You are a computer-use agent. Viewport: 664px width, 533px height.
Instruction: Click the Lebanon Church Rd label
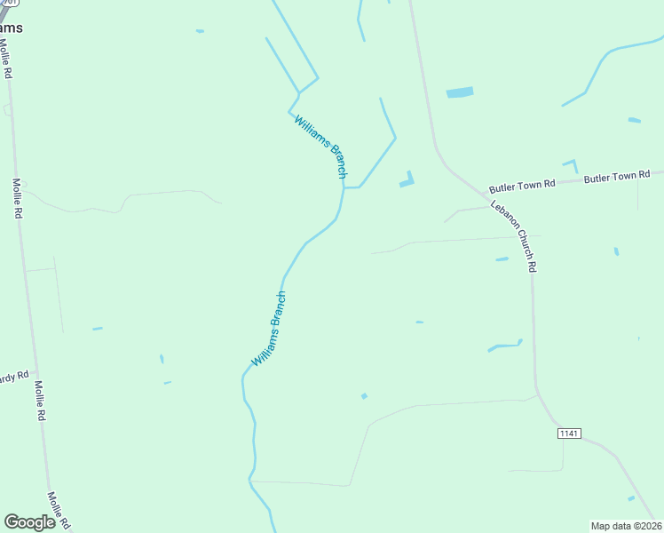pos(515,236)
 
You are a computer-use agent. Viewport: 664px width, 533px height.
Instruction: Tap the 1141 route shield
pos(569,433)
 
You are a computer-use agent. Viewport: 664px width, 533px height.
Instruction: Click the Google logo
pos(29,522)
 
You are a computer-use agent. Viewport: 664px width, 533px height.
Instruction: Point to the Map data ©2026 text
pos(626,525)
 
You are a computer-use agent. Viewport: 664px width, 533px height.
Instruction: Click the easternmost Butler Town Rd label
pos(618,177)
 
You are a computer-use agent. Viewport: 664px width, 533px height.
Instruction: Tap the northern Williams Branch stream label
pos(320,147)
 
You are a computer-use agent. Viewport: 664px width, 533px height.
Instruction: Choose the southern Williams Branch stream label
pos(269,330)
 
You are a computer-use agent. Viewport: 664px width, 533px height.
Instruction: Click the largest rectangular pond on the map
pos(460,92)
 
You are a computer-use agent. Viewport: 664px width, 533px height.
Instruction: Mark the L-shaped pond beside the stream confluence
pos(407,180)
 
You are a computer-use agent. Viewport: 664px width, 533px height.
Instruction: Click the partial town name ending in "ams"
pos(11,28)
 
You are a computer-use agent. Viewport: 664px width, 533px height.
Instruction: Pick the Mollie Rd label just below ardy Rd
pos(40,401)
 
